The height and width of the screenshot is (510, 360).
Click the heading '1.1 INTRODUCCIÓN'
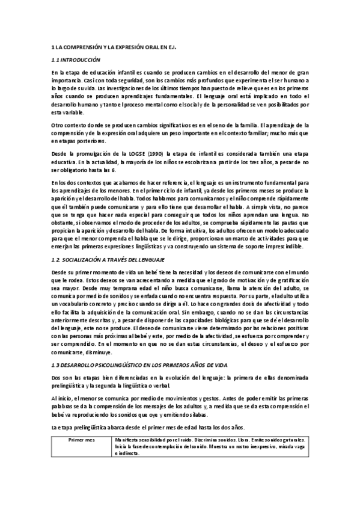tap(75, 60)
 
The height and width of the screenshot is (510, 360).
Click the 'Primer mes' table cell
tap(82, 441)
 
